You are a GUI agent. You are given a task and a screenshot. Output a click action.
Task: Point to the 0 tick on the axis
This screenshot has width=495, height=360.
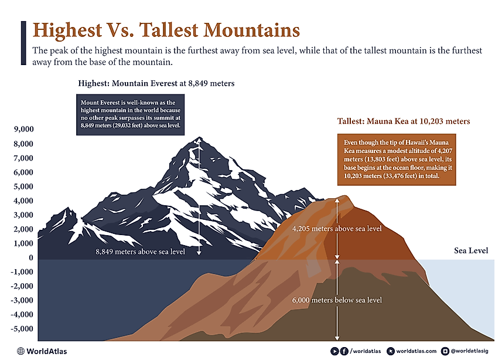tap(30, 258)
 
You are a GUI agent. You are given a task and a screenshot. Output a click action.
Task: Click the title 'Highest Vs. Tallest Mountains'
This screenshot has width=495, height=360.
tap(166, 30)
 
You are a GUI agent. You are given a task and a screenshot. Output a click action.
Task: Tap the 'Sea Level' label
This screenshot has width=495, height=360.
tap(471, 251)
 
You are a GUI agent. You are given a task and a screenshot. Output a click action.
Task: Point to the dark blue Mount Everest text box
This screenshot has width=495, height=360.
tap(131, 114)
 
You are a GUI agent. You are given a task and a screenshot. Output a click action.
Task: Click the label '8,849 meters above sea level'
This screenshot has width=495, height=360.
tap(141, 252)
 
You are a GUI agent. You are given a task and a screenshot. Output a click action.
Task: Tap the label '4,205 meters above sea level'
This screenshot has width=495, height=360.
tap(337, 229)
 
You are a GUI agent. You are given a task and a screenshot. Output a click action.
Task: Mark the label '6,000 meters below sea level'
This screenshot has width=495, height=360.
tap(337, 300)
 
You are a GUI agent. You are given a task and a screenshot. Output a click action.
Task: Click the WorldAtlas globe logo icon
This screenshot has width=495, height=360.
tap(21, 351)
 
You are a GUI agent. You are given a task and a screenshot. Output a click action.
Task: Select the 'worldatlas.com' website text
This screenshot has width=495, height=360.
tap(417, 351)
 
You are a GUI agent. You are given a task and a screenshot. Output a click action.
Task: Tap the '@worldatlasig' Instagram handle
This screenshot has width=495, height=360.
tap(468, 351)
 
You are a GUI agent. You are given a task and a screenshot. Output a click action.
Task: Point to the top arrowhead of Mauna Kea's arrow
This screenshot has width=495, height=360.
tap(337, 200)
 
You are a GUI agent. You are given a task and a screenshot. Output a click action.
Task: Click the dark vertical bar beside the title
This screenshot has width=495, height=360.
tap(23, 42)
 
